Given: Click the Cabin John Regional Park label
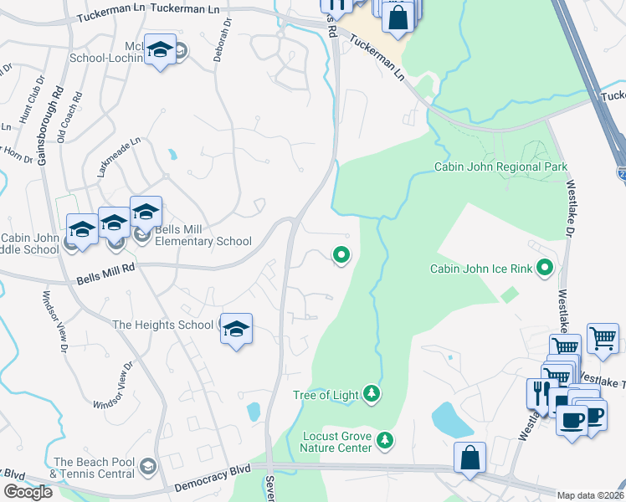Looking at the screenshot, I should click(500, 166).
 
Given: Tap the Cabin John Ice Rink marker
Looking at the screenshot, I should click(546, 269).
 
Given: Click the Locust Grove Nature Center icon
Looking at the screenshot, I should click(384, 439).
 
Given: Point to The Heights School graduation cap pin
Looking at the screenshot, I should click(237, 330).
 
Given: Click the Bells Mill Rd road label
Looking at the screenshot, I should click(105, 269).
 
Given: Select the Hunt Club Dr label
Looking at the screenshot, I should click(31, 105).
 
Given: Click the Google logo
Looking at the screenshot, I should click(28, 492).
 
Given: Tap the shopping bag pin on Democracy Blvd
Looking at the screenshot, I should click(469, 458).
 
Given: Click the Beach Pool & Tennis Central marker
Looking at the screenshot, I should click(148, 466).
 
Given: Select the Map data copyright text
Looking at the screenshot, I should click(591, 495).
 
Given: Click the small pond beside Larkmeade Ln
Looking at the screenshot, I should click(172, 155).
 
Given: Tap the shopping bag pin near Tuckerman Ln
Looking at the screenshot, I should click(399, 17).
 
